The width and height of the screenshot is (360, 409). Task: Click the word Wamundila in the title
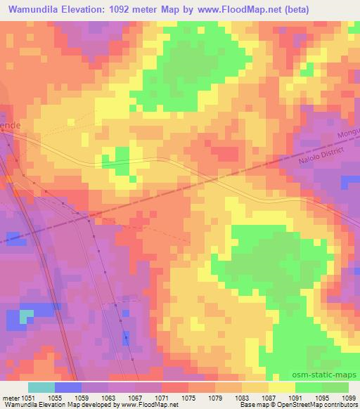pyautogui.click(x=32, y=8)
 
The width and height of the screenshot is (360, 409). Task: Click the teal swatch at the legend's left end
pyautogui.click(x=41, y=387)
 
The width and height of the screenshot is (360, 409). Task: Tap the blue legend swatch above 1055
pyautogui.click(x=67, y=387)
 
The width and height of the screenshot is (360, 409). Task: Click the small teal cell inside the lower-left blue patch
pyautogui.click(x=26, y=317)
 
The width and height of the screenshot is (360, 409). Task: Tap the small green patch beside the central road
pyautogui.click(x=116, y=157)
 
